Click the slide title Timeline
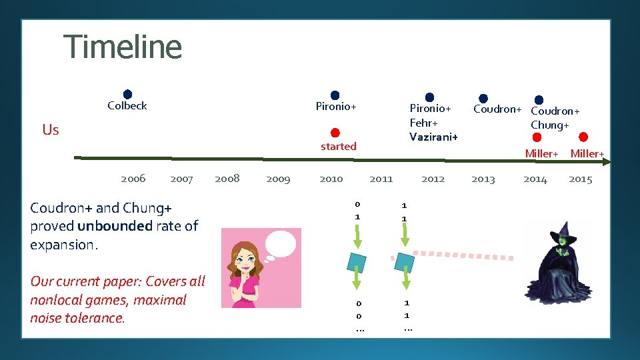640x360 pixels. point(123,47)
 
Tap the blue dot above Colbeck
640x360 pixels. point(127,95)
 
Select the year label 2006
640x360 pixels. point(133,179)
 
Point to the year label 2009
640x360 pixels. point(278,179)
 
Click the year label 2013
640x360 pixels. point(483,179)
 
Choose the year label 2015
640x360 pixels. point(580,179)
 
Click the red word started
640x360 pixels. point(338,146)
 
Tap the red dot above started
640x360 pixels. point(335,133)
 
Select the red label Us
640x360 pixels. point(51,129)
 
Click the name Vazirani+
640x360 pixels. point(433,136)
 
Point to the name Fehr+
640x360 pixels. point(423,122)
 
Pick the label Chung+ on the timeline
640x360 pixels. point(549,125)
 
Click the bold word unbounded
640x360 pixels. point(115,226)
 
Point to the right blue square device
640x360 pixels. point(405,262)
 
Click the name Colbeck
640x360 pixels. point(127,105)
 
